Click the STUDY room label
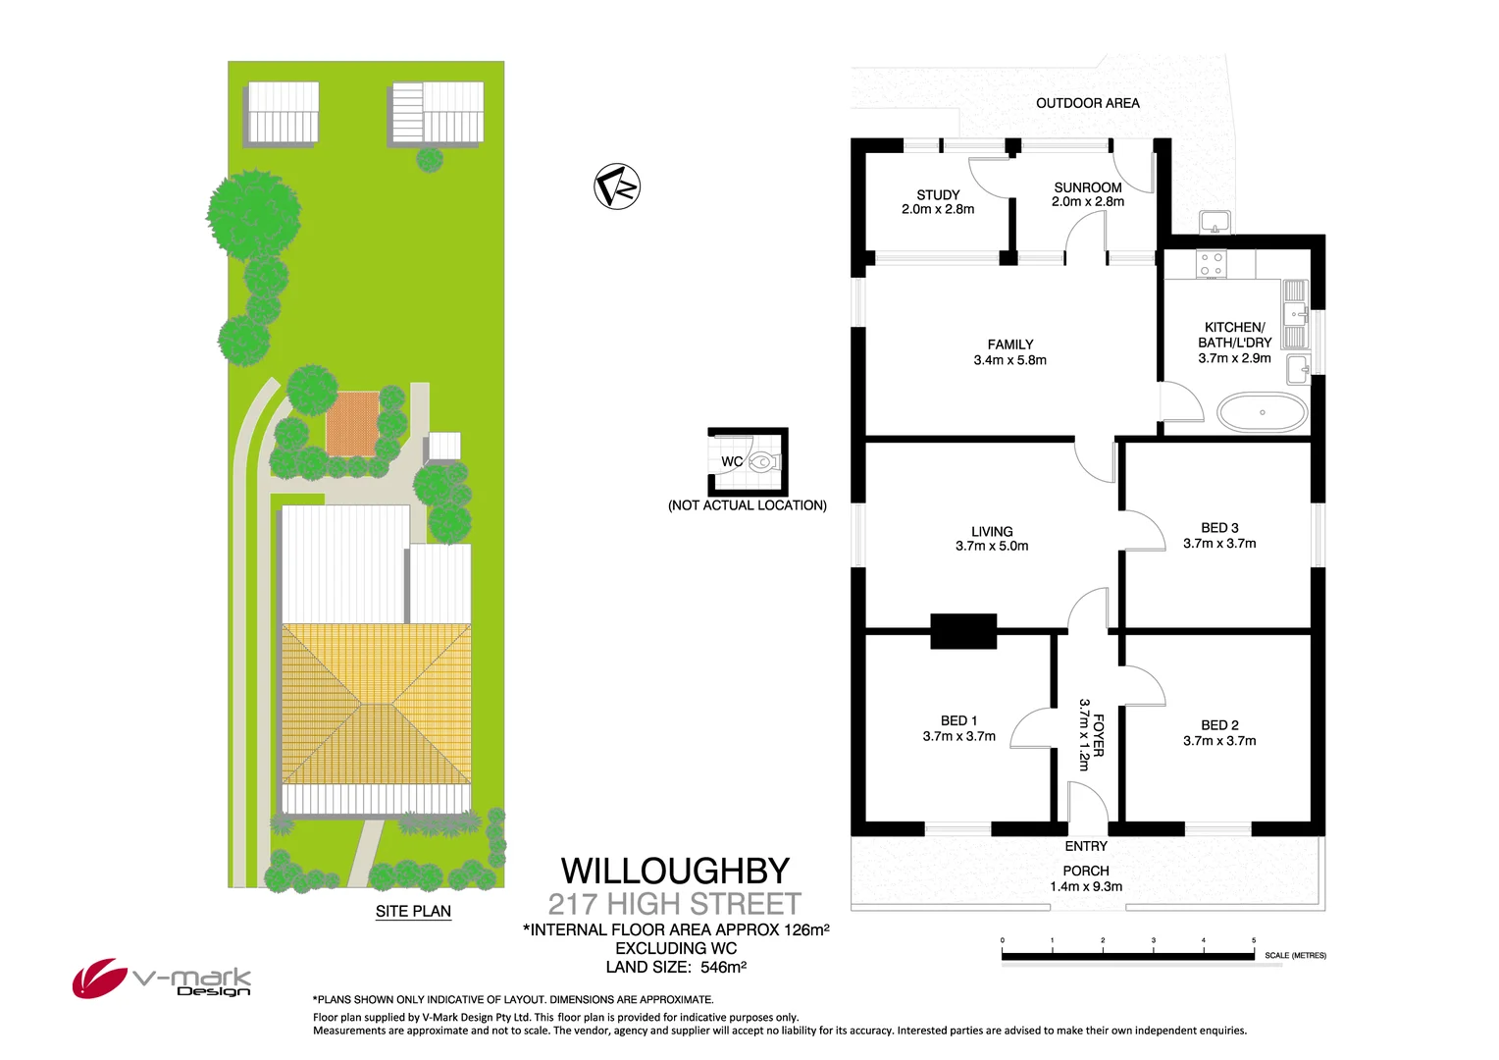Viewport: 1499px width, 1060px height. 938,195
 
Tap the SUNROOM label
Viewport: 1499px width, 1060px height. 1088,187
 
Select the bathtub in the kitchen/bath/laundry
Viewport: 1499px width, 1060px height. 1262,412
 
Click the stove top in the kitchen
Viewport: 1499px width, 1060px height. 1212,264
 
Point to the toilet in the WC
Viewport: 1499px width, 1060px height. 762,461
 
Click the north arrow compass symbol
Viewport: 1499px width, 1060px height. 617,186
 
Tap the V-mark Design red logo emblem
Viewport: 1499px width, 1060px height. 97,978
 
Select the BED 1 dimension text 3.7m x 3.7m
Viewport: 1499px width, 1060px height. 958,736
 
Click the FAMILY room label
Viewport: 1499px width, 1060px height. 1010,344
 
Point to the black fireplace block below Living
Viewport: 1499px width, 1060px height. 963,631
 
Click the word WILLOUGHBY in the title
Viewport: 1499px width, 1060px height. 675,871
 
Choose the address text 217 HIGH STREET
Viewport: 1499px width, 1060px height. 675,904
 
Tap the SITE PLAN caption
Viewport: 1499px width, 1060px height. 413,911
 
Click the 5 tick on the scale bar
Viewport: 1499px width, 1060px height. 1253,941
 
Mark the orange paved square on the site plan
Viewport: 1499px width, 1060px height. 352,423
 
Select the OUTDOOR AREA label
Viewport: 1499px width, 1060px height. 1087,103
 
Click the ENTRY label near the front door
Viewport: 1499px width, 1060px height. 1086,846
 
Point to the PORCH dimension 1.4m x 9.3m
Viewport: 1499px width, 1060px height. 1086,886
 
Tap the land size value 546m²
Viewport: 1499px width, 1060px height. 723,967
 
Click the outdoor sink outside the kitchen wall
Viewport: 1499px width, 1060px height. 1215,222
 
